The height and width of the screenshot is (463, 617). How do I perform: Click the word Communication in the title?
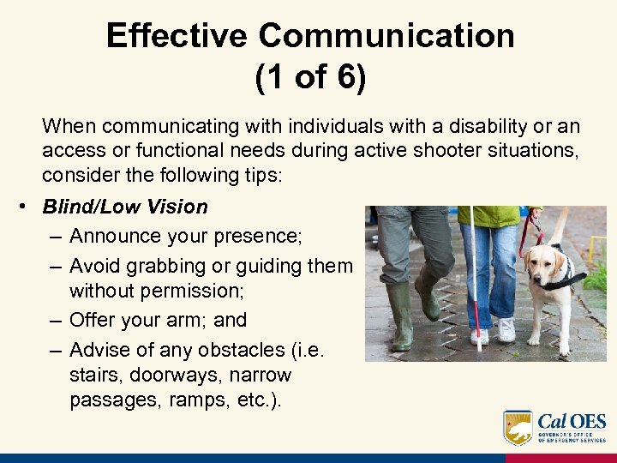click(386, 36)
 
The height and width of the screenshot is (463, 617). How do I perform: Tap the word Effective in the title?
click(177, 36)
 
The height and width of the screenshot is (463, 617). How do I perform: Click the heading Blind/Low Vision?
click(125, 207)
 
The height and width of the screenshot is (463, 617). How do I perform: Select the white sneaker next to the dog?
click(506, 329)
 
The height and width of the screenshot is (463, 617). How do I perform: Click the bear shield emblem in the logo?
click(518, 427)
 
